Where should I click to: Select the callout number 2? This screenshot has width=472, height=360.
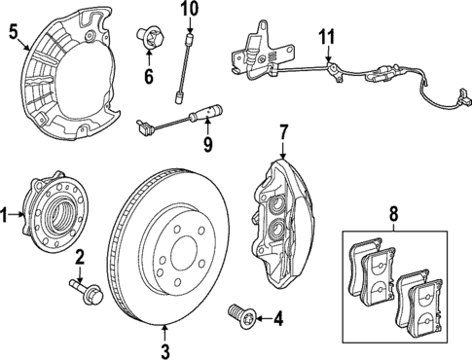pyautogui.click(x=81, y=257)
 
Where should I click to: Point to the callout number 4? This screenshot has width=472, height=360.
pyautogui.click(x=277, y=316)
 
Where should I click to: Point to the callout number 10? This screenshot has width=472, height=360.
pyautogui.click(x=191, y=10)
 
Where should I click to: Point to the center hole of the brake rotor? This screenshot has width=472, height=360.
pyautogui.click(x=179, y=255)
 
